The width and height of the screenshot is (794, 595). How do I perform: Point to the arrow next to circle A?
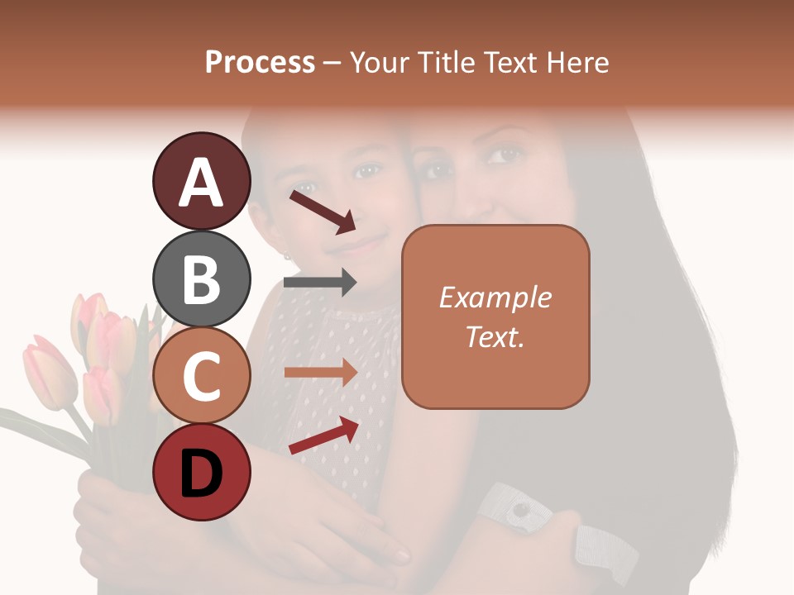322,211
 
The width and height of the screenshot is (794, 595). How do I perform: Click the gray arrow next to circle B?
320,282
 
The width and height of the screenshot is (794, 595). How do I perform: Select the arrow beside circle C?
320,373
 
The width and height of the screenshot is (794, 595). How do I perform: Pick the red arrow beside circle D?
323,436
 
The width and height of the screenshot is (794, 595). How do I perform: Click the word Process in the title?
260,62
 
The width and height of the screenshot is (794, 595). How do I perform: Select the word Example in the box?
495,297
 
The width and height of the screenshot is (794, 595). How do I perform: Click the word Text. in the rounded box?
495,336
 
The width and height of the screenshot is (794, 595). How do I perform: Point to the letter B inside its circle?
201,278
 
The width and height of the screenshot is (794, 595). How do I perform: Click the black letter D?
201,474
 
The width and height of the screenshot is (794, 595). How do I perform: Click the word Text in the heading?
509,62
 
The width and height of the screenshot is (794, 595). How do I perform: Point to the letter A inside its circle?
201,183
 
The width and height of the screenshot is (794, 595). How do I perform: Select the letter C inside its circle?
201,376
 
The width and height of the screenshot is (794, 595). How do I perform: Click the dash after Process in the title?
332,63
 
